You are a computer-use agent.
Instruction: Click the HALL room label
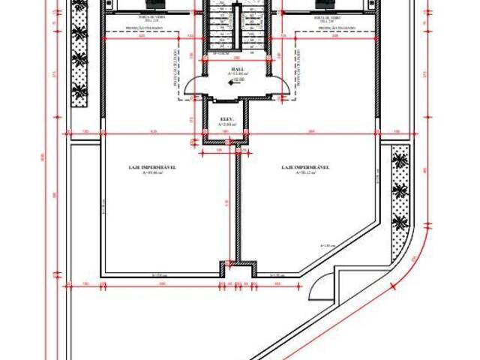[237, 67]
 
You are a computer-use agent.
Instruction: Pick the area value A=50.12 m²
[307, 173]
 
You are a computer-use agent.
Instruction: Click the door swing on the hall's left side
[193, 88]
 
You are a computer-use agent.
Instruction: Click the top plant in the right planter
[400, 160]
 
